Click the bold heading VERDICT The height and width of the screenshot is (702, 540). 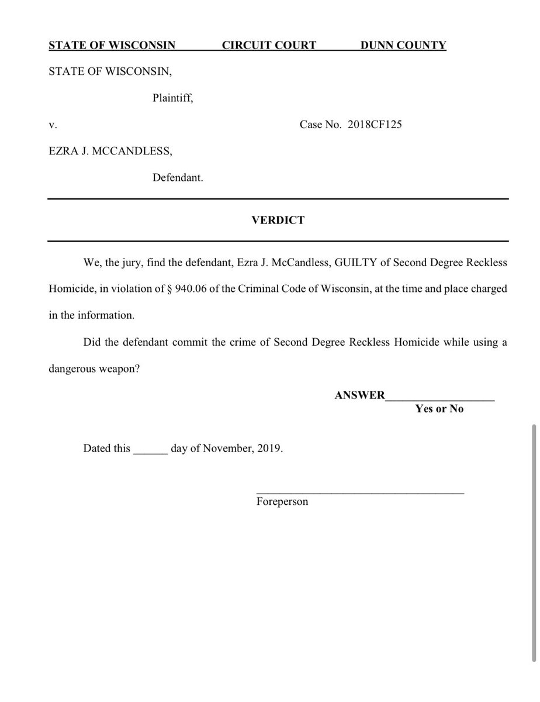[278, 220]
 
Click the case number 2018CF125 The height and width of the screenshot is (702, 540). [374, 125]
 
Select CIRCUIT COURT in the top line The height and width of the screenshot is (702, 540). [269, 46]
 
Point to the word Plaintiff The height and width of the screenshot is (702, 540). [172, 98]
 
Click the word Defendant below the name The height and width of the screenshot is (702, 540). [178, 178]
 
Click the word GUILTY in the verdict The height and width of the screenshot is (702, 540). [355, 263]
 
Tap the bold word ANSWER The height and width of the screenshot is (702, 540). [359, 395]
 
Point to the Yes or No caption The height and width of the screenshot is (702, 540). [439, 409]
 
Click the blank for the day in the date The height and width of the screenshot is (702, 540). [151, 450]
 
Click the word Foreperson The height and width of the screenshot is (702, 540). [282, 501]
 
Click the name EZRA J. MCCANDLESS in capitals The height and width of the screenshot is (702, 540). [110, 152]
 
